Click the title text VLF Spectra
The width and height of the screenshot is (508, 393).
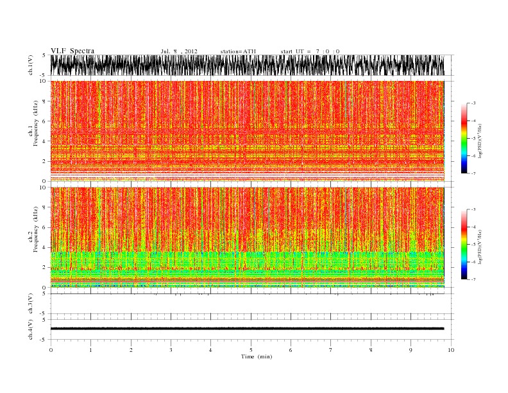tap(72, 51)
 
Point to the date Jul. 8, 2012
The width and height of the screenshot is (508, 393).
tap(179, 51)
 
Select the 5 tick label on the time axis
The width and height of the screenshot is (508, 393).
tap(251, 349)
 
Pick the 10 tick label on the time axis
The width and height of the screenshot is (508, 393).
tap(451, 349)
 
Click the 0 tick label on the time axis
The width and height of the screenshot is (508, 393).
tap(51, 349)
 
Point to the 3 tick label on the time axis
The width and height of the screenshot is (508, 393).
tap(171, 349)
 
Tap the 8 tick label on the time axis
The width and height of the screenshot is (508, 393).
tap(371, 349)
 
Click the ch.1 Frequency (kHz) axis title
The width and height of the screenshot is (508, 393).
tap(31, 130)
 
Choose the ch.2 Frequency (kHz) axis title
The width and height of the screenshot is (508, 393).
tap(31, 237)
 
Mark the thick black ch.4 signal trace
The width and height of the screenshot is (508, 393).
tap(247, 329)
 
